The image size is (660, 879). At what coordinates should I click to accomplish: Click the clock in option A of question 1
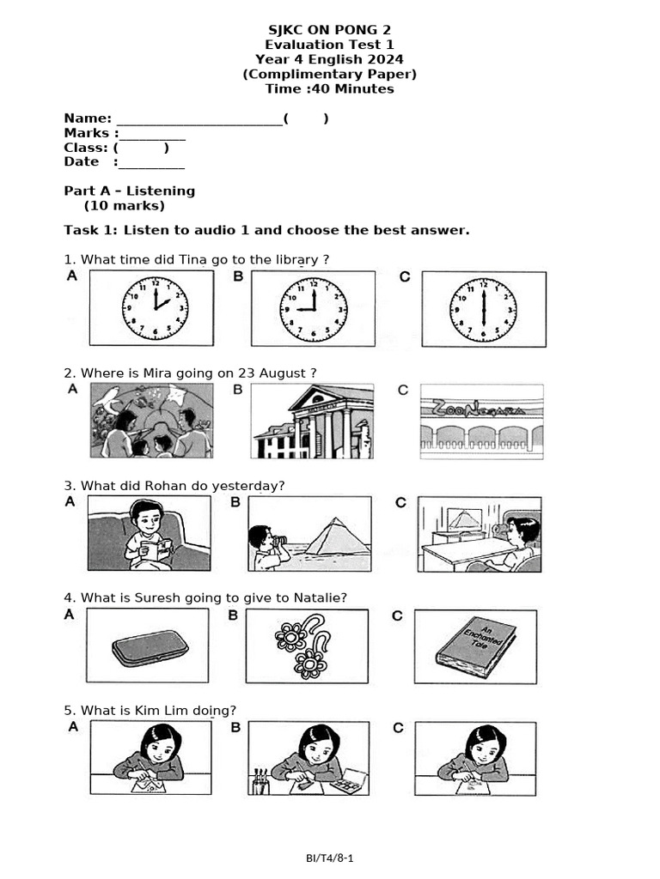[155, 309]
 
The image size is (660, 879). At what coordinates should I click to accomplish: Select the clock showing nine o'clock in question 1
[314, 309]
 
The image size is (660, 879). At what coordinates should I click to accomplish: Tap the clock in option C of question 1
[484, 309]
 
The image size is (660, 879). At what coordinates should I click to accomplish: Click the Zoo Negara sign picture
[482, 421]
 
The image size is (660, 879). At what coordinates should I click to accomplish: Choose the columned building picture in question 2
[313, 421]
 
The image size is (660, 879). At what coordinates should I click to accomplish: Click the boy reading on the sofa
[149, 535]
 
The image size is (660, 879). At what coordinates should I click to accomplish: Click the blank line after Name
[199, 119]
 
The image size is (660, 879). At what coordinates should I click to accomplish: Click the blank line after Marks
[152, 134]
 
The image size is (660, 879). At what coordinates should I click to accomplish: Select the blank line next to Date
[151, 163]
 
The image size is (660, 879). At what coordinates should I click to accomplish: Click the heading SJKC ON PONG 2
[329, 30]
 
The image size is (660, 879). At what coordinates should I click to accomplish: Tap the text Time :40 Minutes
[329, 89]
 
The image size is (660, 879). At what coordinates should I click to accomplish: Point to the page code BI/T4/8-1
[329, 858]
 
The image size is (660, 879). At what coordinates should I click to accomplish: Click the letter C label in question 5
[399, 728]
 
